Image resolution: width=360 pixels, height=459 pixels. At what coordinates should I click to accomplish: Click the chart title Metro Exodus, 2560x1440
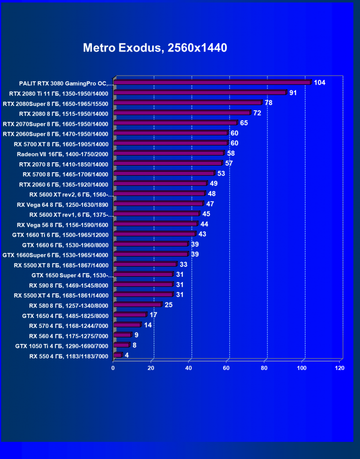tap(155, 48)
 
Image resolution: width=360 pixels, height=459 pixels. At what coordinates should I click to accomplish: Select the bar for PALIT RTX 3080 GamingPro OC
tap(212, 82)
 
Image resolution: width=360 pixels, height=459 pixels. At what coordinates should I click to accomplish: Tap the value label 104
tap(320, 82)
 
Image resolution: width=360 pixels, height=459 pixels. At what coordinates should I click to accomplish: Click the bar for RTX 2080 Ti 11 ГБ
tap(200, 93)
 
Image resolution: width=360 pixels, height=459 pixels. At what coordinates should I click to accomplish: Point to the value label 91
tap(293, 93)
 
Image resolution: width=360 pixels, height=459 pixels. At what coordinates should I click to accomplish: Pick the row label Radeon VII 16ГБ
tap(63, 154)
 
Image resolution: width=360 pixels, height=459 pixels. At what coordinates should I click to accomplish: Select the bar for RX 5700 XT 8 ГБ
tap(171, 143)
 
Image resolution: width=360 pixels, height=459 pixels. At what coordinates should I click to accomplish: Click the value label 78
tap(269, 103)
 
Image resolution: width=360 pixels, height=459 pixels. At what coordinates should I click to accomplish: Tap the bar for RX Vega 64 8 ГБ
tap(158, 204)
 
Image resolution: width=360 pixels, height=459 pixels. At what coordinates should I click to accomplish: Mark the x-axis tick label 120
tap(339, 368)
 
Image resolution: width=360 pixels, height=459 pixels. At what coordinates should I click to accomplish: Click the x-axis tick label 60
tap(226, 368)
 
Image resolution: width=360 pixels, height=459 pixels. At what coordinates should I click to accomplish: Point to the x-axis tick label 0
tap(113, 368)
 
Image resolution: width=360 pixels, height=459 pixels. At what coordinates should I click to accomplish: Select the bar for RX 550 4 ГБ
tap(117, 355)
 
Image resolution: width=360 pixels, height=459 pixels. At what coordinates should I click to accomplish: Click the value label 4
tap(127, 355)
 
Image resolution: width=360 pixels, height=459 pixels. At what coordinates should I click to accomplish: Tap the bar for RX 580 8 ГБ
tap(137, 305)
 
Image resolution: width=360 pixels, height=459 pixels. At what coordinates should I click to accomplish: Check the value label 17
tap(153, 315)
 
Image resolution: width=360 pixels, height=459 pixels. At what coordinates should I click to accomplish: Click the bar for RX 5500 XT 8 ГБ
tap(145, 265)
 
